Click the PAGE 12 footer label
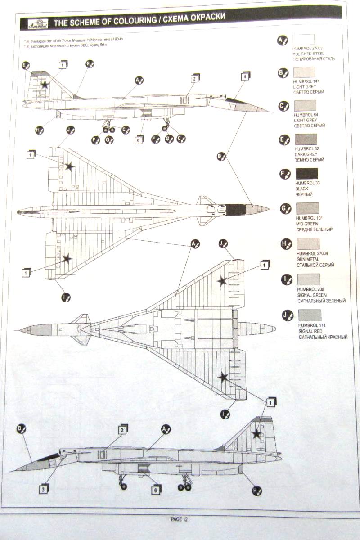(179, 519)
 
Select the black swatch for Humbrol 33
(306, 174)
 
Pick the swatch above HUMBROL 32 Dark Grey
(306, 139)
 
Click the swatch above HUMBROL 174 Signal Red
(310, 315)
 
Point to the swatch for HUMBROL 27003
(304, 40)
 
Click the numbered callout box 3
(43, 489)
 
